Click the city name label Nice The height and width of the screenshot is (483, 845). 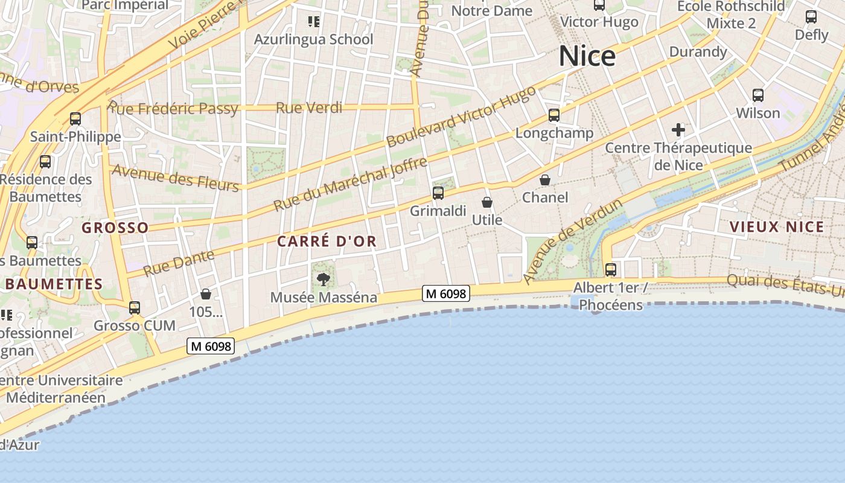(587, 56)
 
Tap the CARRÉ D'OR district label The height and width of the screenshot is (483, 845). (327, 241)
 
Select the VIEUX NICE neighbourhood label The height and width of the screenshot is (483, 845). (777, 227)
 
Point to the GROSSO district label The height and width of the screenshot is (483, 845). (115, 228)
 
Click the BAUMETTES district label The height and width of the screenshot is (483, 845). (54, 284)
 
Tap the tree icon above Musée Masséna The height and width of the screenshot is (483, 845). (324, 279)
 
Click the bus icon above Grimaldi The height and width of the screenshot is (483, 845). (438, 193)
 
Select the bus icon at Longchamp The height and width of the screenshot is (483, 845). (554, 115)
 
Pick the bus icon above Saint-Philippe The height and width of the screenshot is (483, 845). (75, 119)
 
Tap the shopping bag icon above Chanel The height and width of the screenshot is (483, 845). (545, 180)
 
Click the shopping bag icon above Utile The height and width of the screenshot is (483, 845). (487, 202)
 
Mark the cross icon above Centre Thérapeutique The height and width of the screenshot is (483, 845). (678, 129)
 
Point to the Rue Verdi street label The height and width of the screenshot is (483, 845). (309, 108)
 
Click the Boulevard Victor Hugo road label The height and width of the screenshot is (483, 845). (461, 117)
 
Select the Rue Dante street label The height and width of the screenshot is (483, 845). (179, 263)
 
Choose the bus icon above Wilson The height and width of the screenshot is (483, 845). (758, 95)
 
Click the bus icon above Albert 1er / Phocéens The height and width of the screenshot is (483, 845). (611, 269)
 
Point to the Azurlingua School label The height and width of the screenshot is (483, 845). (313, 40)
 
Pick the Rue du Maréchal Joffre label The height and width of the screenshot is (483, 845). (350, 185)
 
